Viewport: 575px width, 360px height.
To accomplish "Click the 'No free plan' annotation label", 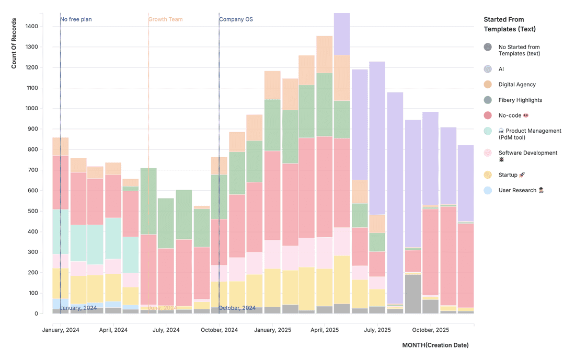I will click(x=76, y=19).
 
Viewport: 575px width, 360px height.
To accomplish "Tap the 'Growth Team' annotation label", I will click(x=165, y=19).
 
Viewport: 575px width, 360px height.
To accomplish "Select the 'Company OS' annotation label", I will click(x=236, y=19).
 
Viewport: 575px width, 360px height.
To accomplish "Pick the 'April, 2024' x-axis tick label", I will click(x=113, y=330).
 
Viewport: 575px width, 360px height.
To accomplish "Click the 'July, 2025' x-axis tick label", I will click(x=377, y=330).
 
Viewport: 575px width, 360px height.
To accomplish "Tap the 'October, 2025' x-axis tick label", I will click(x=430, y=330).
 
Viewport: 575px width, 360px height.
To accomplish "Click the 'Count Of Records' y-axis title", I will click(x=14, y=44).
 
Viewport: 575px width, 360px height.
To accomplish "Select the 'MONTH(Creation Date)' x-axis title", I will click(x=435, y=345).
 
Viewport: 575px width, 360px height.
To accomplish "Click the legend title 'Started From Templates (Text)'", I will click(x=510, y=24).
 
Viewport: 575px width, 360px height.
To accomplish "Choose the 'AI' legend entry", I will click(x=501, y=69).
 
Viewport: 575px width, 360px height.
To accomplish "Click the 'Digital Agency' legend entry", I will click(x=516, y=85).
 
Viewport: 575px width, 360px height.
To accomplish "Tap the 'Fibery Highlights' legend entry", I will click(x=520, y=100).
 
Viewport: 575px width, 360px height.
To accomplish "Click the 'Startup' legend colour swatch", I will click(x=488, y=175).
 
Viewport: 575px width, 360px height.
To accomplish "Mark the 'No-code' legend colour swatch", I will click(x=488, y=115).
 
